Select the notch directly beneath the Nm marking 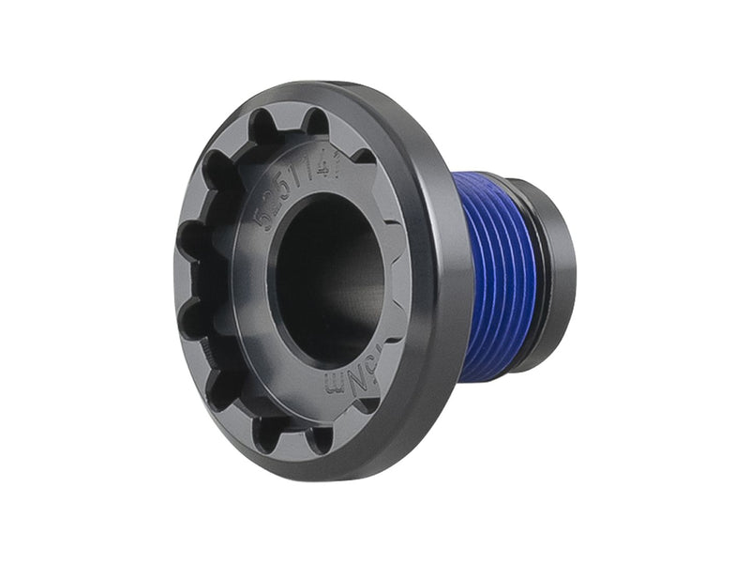[x=367, y=404]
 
